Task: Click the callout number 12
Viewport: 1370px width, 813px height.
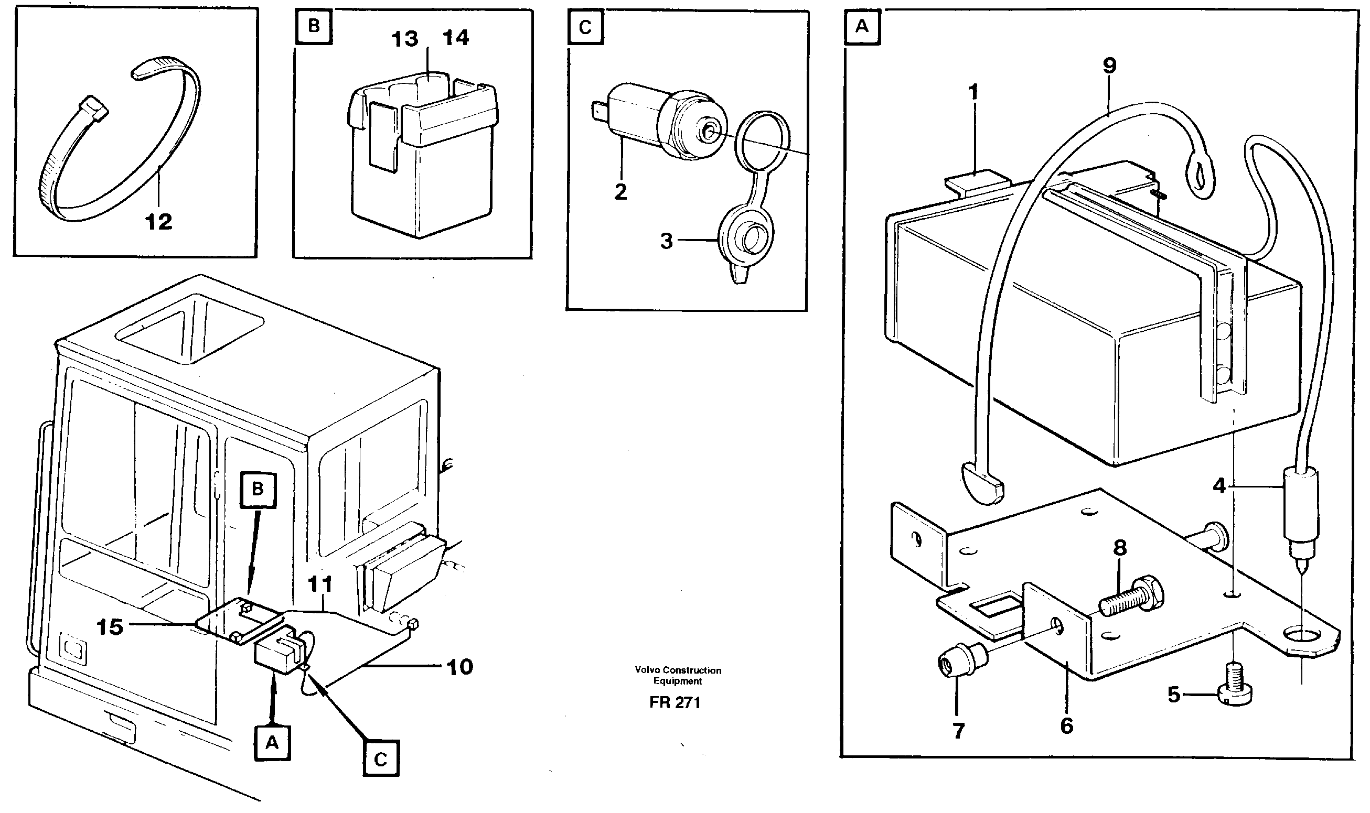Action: point(158,222)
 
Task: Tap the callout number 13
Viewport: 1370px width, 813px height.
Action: point(405,39)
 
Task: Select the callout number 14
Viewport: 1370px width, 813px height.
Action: point(455,38)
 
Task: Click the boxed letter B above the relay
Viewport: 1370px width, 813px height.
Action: point(314,26)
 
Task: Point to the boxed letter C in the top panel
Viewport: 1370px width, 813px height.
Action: point(585,27)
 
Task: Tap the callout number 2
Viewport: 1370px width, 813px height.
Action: point(620,192)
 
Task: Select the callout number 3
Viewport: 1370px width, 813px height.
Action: point(666,241)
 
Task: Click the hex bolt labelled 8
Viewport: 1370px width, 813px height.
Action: point(1132,598)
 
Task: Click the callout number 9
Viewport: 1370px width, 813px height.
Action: point(1109,66)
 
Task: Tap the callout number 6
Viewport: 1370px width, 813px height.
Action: point(1066,726)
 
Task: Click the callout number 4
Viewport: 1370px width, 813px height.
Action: point(1219,485)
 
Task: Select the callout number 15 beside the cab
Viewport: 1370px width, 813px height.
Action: point(110,627)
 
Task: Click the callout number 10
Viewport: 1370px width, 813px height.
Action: point(460,667)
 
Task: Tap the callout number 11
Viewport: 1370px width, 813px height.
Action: point(320,584)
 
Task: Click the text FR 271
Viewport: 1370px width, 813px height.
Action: point(675,703)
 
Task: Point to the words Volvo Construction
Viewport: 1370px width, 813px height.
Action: point(678,670)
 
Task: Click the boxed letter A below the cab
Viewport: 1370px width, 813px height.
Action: point(272,743)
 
